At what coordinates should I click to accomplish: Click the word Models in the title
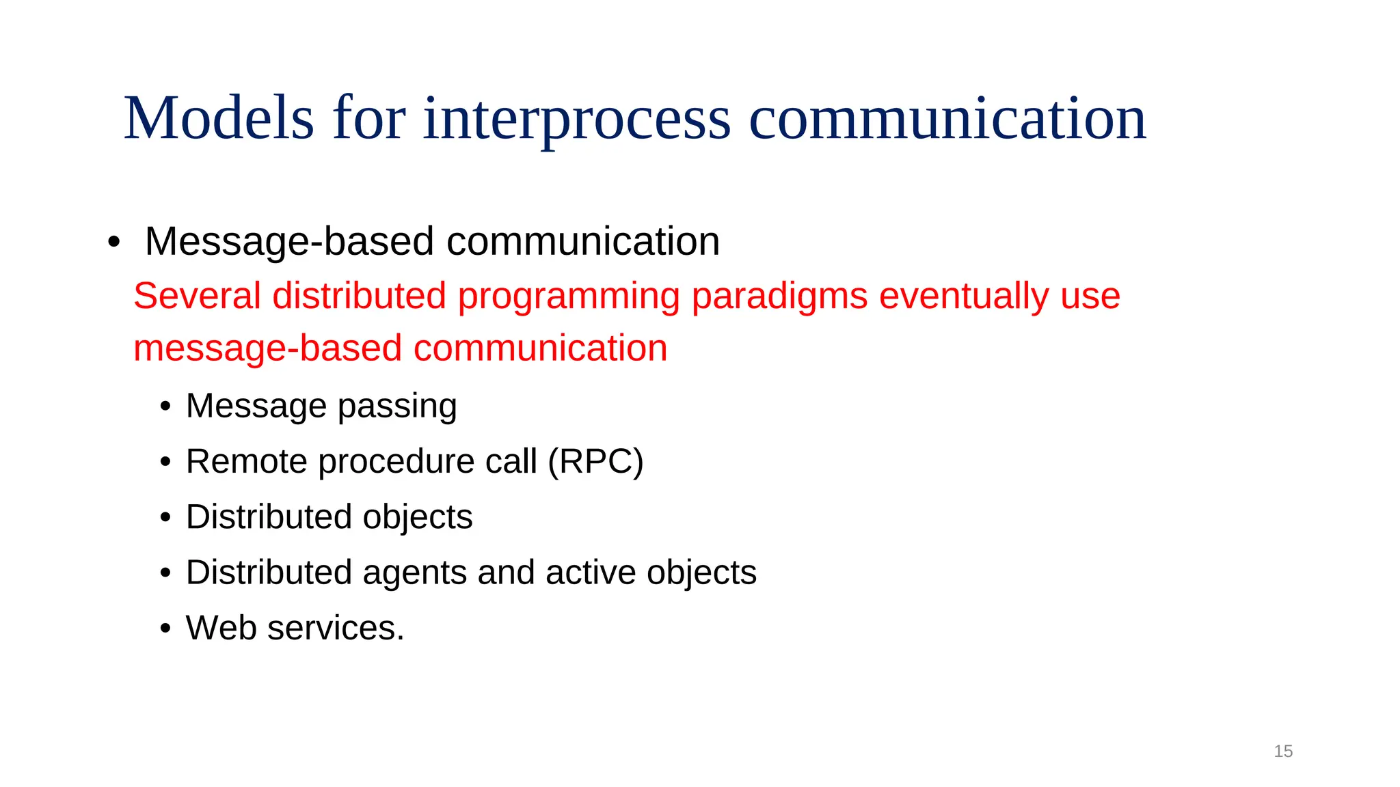219,119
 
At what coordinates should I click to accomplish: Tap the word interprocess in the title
577,119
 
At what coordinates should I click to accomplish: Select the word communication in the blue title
947,119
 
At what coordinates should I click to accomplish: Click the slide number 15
1283,751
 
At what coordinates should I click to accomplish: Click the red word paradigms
779,296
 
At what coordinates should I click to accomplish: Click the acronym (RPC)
595,461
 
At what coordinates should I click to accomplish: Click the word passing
397,406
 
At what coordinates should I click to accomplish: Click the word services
336,628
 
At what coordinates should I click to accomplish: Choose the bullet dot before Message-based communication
113,242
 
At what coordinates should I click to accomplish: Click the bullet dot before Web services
165,629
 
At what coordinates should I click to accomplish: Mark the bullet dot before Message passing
165,406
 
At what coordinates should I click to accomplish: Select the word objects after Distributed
418,517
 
